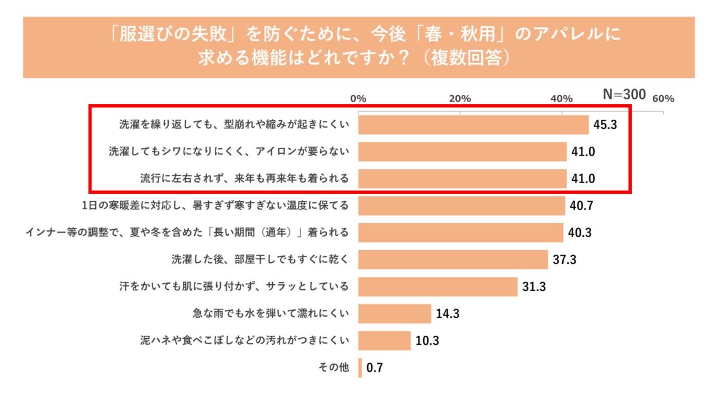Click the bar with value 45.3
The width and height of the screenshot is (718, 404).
coord(474,124)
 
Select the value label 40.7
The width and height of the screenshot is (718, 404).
coord(580,206)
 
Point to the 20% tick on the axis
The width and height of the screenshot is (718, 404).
coord(460,99)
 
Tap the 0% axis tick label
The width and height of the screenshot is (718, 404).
coord(358,99)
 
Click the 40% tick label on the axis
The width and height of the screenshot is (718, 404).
coord(562,99)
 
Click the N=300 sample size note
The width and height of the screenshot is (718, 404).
coord(623,95)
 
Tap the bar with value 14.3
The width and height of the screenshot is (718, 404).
coord(395,314)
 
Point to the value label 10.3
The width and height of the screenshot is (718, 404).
coord(427,341)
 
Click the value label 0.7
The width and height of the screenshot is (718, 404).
coord(375,368)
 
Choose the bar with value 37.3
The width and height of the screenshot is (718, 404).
coord(454,260)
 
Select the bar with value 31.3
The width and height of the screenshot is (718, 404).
coord(438,287)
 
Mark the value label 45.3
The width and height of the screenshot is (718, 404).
coord(604,125)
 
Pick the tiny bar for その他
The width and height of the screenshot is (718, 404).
coord(360,367)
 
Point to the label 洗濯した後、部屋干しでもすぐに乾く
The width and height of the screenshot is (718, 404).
coord(260,259)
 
